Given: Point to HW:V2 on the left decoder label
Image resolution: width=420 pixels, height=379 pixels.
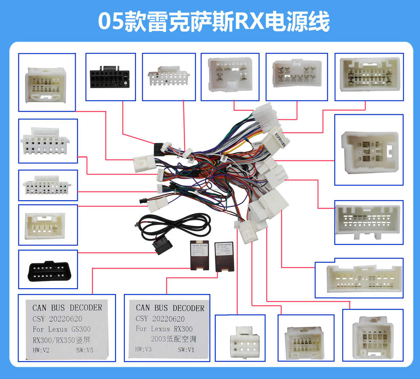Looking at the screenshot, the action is (x=42, y=351).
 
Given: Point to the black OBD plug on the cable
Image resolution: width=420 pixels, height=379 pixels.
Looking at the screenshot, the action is (x=162, y=247).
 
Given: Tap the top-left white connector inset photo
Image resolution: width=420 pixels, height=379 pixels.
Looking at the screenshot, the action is (x=47, y=82).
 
